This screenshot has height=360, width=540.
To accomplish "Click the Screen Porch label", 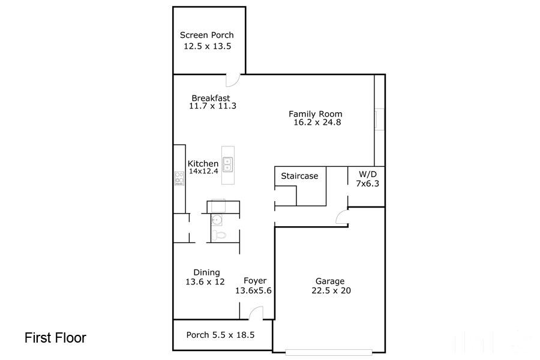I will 207,35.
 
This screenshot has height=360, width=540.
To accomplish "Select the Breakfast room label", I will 211,98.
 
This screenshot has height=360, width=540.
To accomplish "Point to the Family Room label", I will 315,113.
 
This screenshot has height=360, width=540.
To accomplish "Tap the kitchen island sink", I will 228,164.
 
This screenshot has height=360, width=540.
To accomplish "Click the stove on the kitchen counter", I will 179,178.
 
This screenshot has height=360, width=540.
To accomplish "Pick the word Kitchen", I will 203,164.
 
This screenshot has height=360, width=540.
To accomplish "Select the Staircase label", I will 299,176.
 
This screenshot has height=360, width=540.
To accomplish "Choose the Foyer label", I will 255,281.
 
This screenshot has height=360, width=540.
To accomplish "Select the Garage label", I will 330,281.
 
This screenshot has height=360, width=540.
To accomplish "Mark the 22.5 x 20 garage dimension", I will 331,290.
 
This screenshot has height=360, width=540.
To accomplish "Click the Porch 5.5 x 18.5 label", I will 220,335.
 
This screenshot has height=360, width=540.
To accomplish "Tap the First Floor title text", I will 55,338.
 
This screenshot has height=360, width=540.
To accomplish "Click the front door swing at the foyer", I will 256,312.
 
